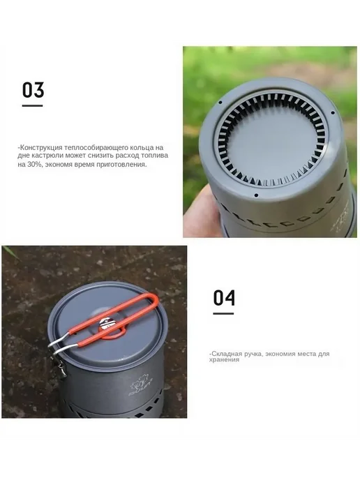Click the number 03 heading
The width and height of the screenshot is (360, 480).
point(33,90)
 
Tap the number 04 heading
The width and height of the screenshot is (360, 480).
point(224,298)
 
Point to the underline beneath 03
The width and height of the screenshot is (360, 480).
point(33,106)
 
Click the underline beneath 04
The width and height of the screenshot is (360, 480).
point(223,313)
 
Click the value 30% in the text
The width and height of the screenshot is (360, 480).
point(33,164)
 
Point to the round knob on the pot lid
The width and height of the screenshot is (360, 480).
point(107,323)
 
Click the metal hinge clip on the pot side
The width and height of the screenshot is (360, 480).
point(60,367)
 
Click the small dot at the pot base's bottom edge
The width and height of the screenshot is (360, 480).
point(256,195)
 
